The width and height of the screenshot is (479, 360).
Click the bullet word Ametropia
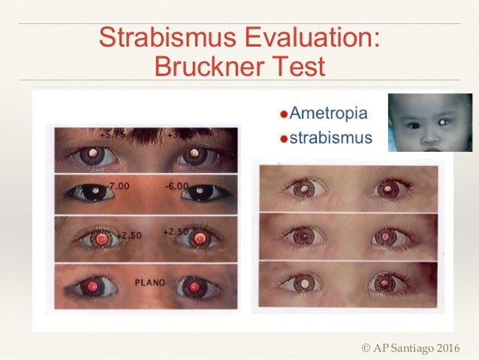[x=329, y=114]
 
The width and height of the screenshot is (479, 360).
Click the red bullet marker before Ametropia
[x=284, y=115]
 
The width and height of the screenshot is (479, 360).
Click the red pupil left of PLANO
[x=93, y=286]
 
